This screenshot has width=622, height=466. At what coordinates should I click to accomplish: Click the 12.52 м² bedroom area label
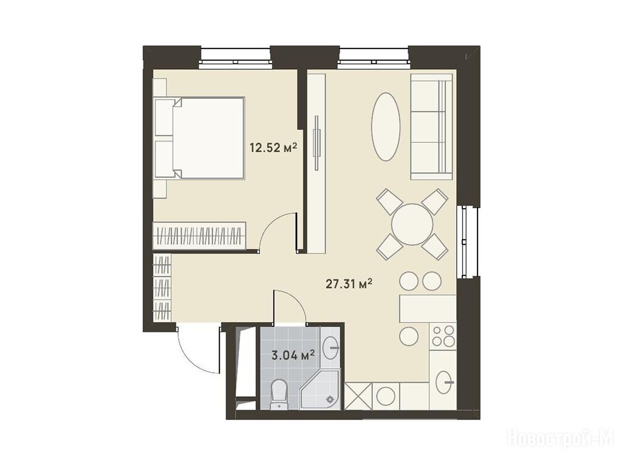point(273,148)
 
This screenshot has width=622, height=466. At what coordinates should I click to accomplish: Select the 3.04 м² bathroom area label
point(293,354)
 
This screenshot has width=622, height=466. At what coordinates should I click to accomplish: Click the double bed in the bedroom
point(199,138)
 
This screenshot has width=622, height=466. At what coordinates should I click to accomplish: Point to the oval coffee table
point(386,127)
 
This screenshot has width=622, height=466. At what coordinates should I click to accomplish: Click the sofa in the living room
point(431,126)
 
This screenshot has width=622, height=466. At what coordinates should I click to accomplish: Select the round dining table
point(412,225)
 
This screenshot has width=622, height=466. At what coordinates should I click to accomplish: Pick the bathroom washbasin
point(330,348)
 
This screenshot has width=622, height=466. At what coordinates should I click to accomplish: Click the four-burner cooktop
point(443,336)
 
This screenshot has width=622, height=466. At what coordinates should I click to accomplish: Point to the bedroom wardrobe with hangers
point(199,236)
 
